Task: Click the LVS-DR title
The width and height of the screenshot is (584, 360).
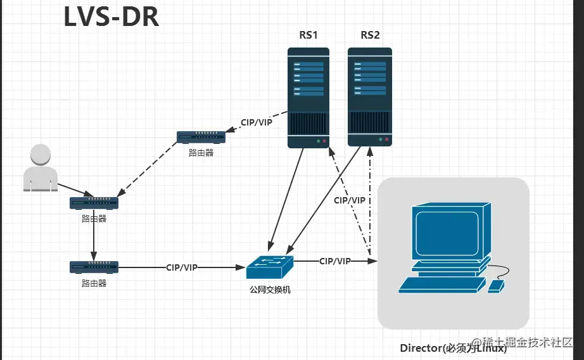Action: [111, 17]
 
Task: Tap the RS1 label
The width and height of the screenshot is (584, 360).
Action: [308, 35]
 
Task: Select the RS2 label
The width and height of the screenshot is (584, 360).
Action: [370, 35]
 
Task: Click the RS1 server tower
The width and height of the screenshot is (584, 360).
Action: [308, 97]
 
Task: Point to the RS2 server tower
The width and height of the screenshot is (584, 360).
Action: [370, 97]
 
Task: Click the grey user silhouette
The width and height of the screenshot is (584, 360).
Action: [40, 167]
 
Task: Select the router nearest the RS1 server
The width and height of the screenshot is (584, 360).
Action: [201, 137]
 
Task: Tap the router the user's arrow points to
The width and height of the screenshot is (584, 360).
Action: [94, 203]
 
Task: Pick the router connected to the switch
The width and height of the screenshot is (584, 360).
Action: [94, 267]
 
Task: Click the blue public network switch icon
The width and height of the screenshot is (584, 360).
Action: [270, 267]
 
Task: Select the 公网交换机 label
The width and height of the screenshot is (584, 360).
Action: [270, 290]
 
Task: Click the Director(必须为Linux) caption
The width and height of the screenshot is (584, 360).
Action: [453, 348]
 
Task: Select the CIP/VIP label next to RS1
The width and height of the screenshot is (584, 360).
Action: [257, 122]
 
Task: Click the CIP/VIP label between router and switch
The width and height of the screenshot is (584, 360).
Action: [182, 267]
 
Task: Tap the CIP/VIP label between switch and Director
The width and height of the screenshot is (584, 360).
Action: [335, 261]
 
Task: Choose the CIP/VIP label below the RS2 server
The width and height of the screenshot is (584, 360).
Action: [350, 200]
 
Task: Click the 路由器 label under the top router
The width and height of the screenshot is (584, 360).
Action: [201, 153]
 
